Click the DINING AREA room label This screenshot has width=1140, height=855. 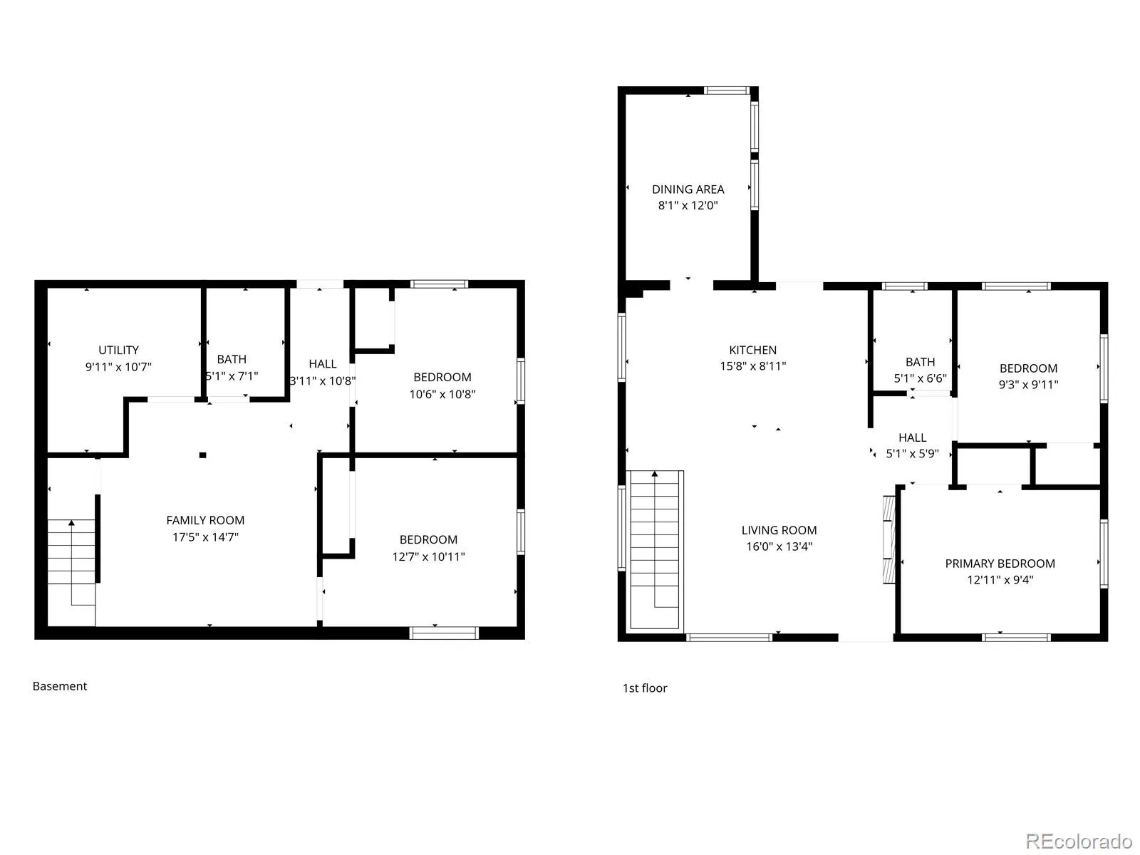click(688, 190)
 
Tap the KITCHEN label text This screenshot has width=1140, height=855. click(752, 350)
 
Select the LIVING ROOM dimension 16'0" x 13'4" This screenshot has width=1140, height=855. click(779, 546)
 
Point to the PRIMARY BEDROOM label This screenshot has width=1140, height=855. click(1000, 564)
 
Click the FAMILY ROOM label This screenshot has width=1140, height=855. click(205, 520)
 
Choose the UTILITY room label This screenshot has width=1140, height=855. click(118, 350)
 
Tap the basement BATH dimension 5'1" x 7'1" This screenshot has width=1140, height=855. click(232, 376)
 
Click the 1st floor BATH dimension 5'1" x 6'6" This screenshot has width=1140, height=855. click(920, 378)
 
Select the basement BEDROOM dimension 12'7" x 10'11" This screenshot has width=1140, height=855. click(428, 556)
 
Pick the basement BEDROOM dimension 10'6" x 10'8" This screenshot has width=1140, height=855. click(442, 394)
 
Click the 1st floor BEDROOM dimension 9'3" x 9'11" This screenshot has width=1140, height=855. click(1028, 385)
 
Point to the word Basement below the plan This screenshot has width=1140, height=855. click(60, 685)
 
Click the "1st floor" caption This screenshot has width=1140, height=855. click(645, 688)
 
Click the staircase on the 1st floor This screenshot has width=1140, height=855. click(654, 550)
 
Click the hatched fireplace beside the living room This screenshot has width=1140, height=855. click(889, 540)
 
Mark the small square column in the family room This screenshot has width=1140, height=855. click(202, 455)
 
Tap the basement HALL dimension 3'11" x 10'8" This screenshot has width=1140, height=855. click(323, 380)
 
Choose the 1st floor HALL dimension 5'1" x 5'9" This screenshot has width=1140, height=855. click(912, 453)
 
